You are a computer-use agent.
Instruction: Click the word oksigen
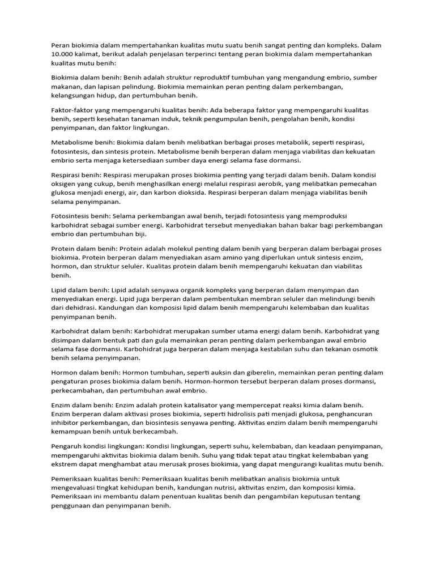click(64, 184)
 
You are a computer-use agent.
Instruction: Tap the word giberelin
click(251, 373)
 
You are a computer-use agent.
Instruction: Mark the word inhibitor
click(66, 423)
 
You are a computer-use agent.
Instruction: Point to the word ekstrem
click(65, 464)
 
